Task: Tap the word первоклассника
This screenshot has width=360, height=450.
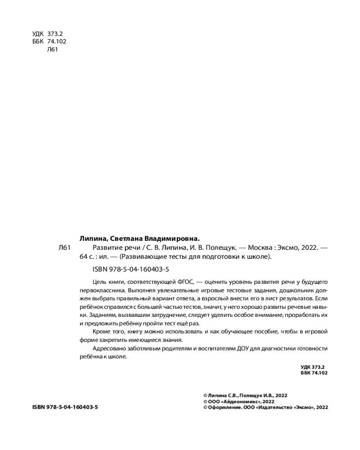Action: tap(100, 290)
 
